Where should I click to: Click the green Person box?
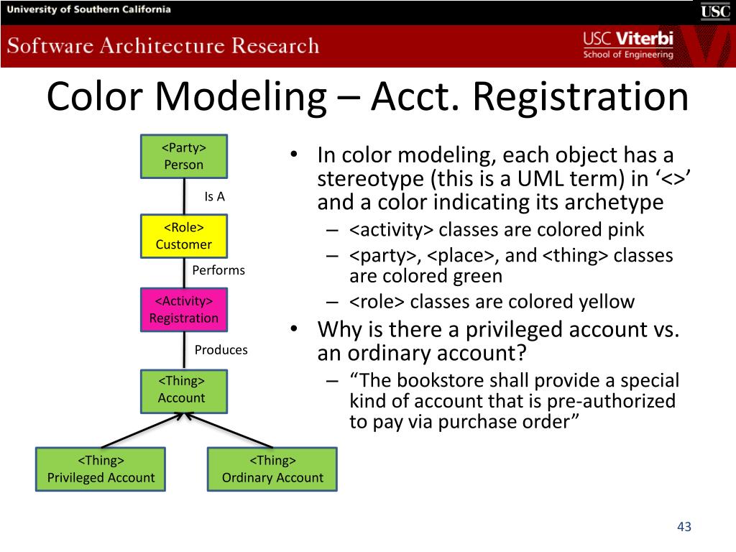pyautogui.click(x=184, y=156)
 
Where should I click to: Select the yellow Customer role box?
pyautogui.click(x=184, y=236)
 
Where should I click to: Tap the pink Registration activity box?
pyautogui.click(x=184, y=310)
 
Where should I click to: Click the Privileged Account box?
pyautogui.click(x=101, y=469)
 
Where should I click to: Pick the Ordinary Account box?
pyautogui.click(x=272, y=469)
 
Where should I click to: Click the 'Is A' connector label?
pyautogui.click(x=214, y=197)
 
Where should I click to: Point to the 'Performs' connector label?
pyautogui.click(x=218, y=270)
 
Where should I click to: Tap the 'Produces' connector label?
pyautogui.click(x=221, y=350)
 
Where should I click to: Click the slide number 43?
pyautogui.click(x=684, y=527)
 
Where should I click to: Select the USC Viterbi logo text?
pyautogui.click(x=628, y=45)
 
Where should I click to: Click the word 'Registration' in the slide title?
pyautogui.click(x=580, y=97)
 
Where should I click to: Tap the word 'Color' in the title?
pyautogui.click(x=94, y=97)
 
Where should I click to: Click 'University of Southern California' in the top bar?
pyautogui.click(x=88, y=9)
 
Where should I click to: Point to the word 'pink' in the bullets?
pyautogui.click(x=626, y=230)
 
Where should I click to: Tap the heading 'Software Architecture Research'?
pyautogui.click(x=163, y=46)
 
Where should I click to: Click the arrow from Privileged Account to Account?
pyautogui.click(x=140, y=431)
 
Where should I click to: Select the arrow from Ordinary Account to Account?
pyautogui.click(x=229, y=431)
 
